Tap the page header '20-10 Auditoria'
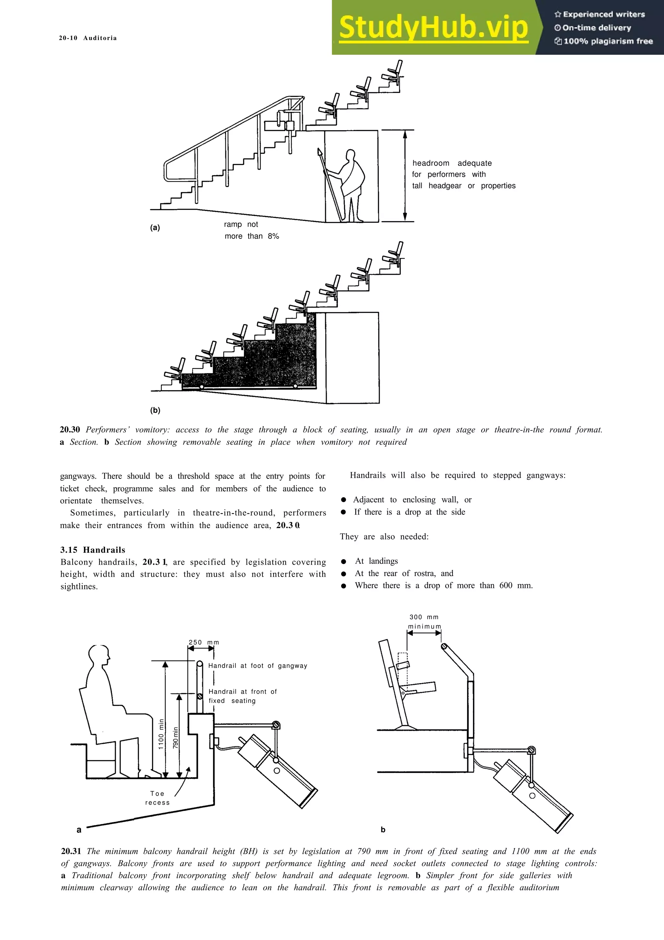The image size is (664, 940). click(88, 38)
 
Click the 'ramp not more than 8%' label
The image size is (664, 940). click(252, 230)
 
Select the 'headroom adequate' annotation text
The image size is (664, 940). click(452, 163)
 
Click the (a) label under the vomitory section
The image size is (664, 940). click(155, 228)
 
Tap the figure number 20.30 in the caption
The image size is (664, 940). click(70, 429)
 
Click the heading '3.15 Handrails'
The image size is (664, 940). click(93, 550)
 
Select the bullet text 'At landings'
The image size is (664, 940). click(376, 561)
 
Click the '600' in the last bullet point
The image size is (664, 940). click(506, 585)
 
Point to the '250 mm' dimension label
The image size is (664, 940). click(203, 642)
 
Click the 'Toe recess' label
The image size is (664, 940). click(157, 798)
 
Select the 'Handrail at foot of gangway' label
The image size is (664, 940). click(257, 666)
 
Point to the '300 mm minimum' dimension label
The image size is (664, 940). click(424, 621)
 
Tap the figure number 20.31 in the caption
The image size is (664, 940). click(71, 851)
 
